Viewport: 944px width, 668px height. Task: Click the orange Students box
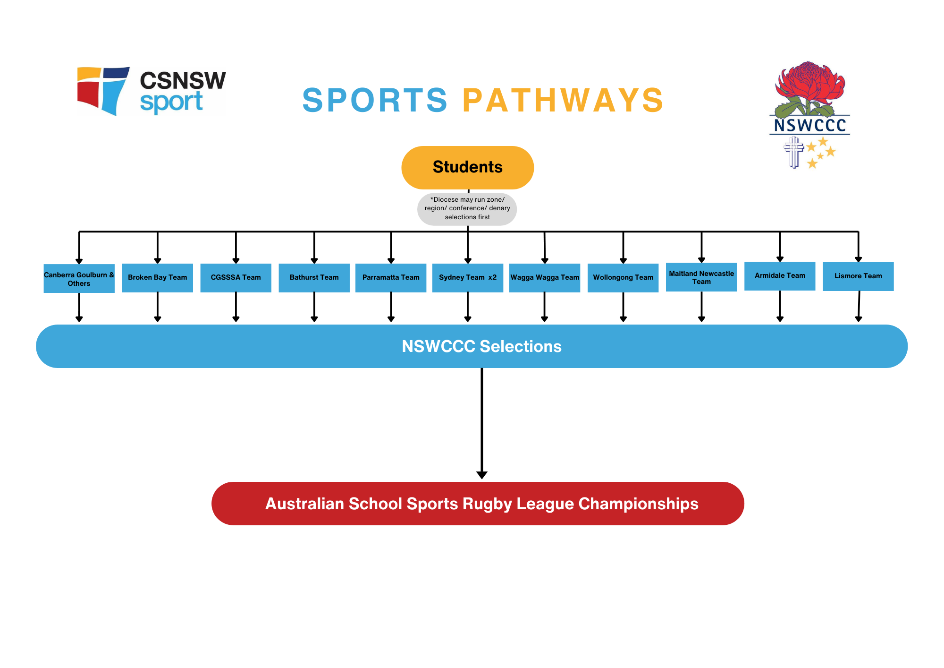(467, 168)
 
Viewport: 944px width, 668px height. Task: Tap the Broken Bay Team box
(157, 278)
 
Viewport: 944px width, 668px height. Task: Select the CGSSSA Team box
(236, 278)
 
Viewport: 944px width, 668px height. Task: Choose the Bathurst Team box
(314, 278)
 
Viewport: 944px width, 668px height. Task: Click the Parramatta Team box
(391, 278)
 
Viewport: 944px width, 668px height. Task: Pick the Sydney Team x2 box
(467, 278)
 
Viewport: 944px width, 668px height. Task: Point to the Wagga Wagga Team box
(545, 278)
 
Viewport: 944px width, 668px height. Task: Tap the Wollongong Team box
(623, 278)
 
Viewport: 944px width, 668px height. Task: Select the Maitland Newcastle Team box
(701, 277)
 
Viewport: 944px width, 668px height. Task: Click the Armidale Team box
(780, 276)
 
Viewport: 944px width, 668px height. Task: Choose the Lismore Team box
(858, 276)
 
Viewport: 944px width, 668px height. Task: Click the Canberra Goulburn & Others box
(79, 279)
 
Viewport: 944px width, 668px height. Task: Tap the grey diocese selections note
(467, 209)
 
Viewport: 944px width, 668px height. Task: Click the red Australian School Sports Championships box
(478, 504)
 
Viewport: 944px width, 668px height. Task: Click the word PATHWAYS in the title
(563, 100)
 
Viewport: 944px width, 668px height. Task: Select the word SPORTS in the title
(375, 100)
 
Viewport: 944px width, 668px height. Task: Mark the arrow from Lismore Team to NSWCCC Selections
(859, 306)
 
